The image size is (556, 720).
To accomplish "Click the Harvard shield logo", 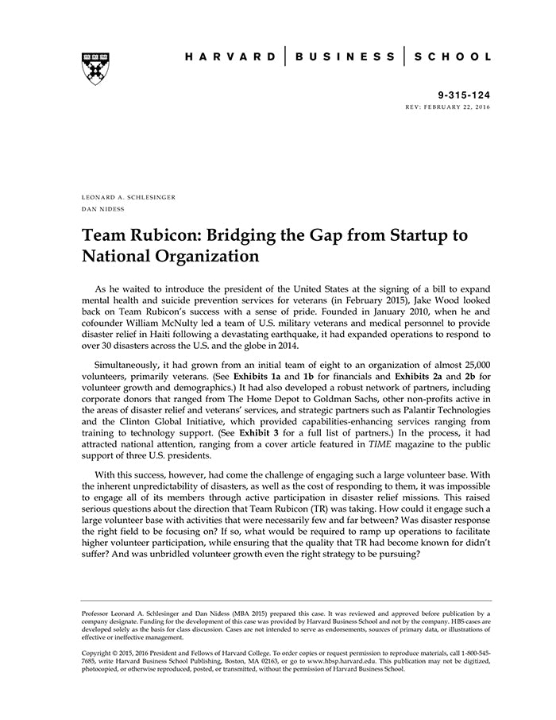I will point(95,68).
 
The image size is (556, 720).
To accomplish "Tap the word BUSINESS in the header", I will point(345,57).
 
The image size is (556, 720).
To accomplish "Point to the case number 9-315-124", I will point(463,95).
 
